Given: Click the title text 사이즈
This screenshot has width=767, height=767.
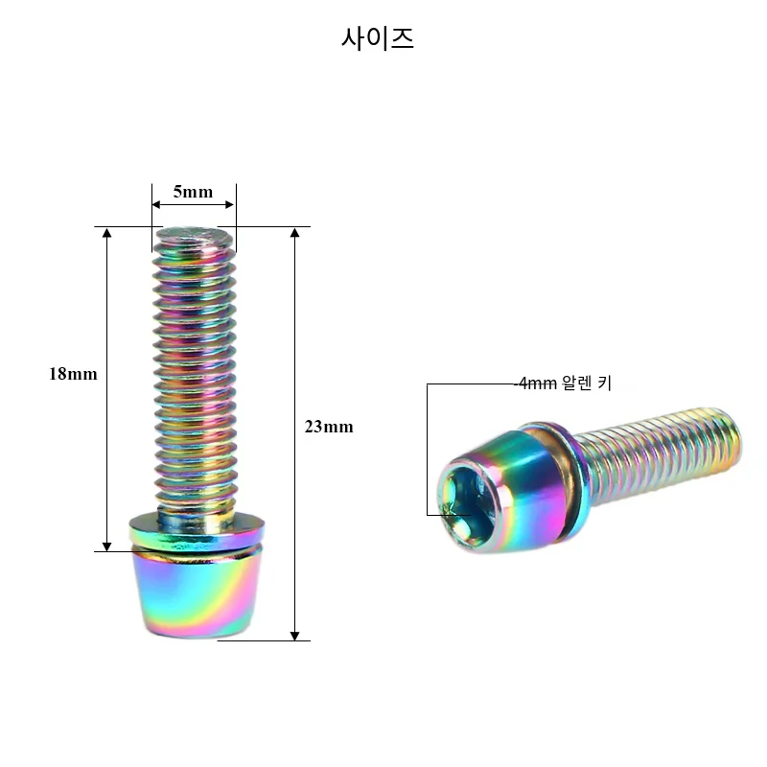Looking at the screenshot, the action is [x=377, y=38].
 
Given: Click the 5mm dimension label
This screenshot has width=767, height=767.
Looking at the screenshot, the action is [x=194, y=191].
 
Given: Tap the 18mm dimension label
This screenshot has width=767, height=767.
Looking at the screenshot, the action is [x=73, y=374].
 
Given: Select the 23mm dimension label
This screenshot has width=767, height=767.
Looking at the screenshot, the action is [x=329, y=427].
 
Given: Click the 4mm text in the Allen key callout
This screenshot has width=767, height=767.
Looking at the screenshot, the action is [x=537, y=383].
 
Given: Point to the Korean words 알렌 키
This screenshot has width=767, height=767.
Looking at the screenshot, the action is [x=587, y=383].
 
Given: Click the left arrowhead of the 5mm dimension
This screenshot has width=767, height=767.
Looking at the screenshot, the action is [x=156, y=204].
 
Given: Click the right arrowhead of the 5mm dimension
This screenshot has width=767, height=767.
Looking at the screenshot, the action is [x=229, y=204].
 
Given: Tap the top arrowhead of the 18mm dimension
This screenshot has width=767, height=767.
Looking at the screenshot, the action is [x=106, y=233].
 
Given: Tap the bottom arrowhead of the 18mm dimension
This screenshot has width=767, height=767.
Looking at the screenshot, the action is [x=106, y=546].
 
